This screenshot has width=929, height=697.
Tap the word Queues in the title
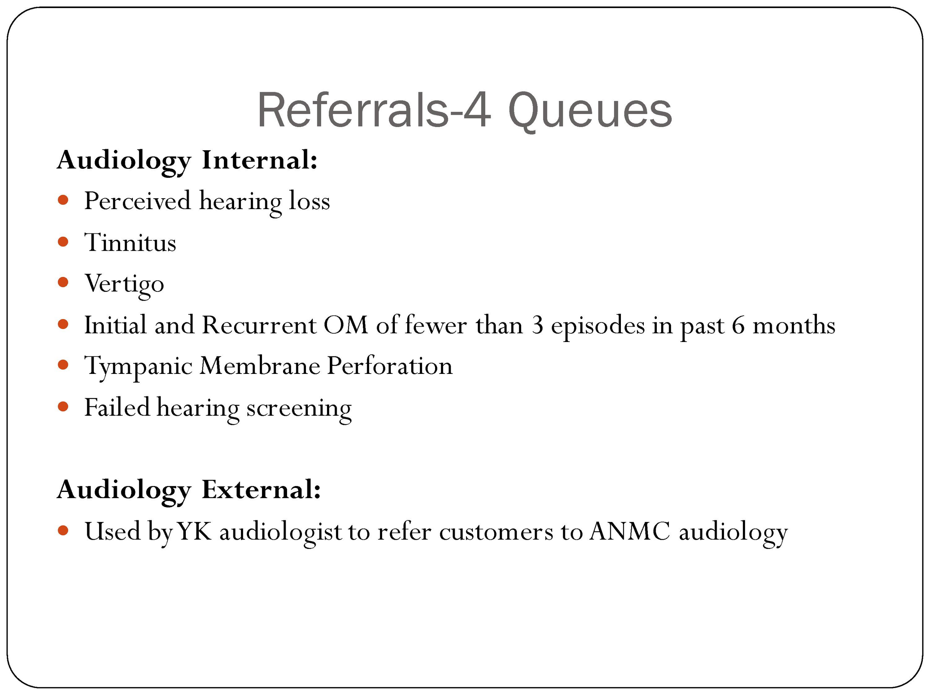click(x=590, y=111)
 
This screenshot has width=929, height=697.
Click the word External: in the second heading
click(x=261, y=489)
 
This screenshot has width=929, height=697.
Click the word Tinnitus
click(x=131, y=242)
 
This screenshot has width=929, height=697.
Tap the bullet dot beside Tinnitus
click(x=63, y=241)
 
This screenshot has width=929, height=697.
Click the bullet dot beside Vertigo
click(x=63, y=282)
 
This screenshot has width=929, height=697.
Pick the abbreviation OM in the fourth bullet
click(x=345, y=325)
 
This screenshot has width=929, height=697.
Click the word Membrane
click(x=259, y=366)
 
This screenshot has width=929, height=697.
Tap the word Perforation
click(x=390, y=366)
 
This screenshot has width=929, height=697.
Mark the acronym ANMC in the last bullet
click(x=630, y=531)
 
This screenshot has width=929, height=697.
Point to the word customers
click(x=496, y=532)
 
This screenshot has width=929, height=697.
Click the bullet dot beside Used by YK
click(x=63, y=530)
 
